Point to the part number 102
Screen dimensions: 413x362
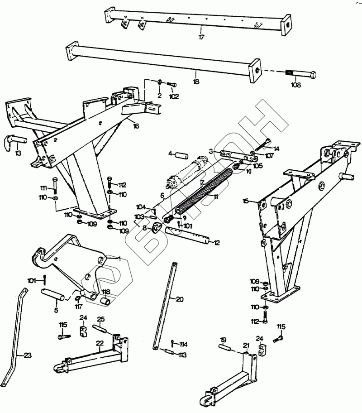point(174,96)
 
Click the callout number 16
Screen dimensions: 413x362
point(136,126)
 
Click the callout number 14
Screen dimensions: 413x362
point(276,148)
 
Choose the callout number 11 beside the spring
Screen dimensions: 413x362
point(216,197)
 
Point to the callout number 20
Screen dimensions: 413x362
point(180,299)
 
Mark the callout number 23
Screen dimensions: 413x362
point(28,356)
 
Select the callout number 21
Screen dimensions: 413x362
point(246,346)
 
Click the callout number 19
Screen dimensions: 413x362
point(223,339)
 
